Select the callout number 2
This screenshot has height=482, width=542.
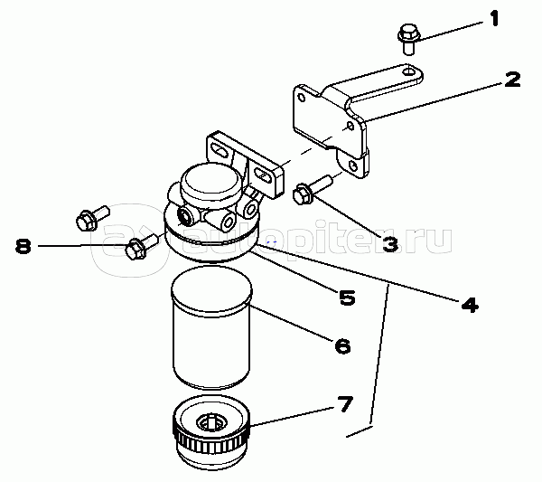click(x=511, y=80)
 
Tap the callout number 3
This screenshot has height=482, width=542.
click(x=389, y=244)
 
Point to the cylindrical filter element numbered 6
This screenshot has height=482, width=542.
click(x=210, y=330)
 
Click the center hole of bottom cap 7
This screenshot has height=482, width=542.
click(x=213, y=421)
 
